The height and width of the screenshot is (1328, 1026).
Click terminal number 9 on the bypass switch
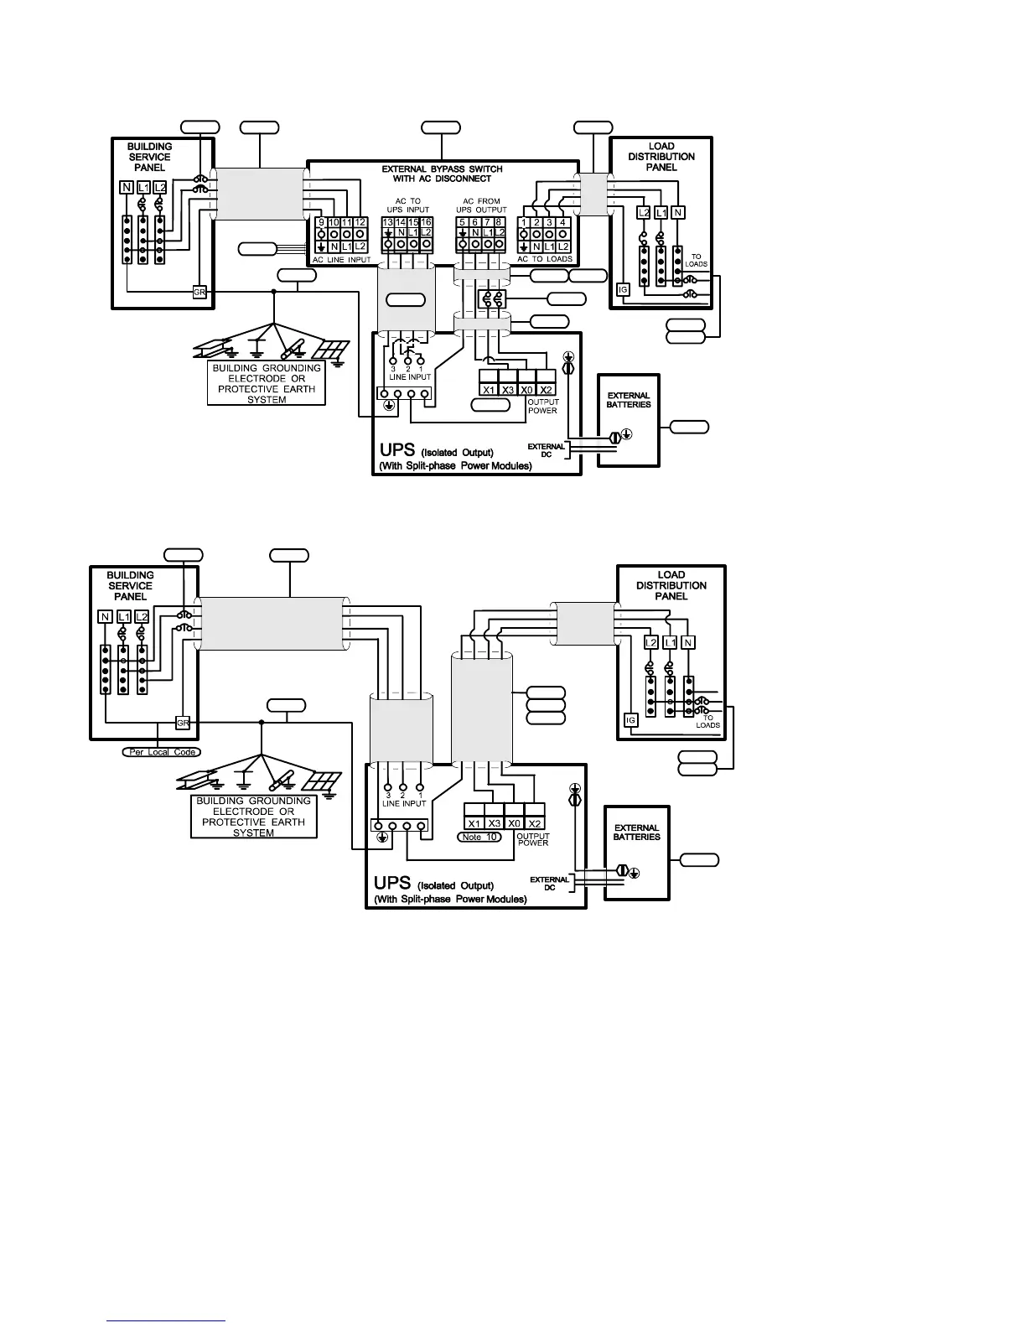point(320,222)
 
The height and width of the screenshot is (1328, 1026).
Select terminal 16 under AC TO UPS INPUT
point(426,221)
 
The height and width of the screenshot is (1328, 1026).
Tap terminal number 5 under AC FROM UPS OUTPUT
point(462,221)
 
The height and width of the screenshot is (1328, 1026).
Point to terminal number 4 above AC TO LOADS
point(562,222)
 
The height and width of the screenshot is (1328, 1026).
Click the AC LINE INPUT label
point(341,260)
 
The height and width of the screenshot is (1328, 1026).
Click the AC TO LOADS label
point(545,259)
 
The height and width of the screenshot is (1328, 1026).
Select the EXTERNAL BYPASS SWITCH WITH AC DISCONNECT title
point(442,174)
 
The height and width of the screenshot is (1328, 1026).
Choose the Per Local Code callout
point(163,752)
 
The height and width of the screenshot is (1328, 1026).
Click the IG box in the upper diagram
point(623,289)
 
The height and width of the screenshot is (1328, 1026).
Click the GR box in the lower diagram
point(183,723)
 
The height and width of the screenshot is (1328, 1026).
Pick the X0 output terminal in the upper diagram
point(527,389)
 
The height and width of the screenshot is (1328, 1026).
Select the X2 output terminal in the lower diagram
point(535,823)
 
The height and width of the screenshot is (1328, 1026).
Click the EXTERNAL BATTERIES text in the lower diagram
point(636,832)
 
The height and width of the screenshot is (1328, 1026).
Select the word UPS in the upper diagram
point(397,450)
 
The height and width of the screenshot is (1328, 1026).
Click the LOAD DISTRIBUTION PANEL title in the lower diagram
point(671,585)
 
